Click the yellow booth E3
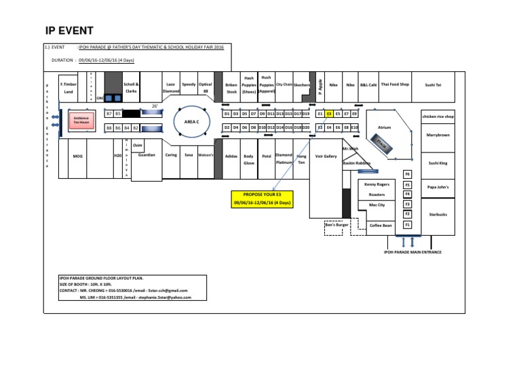(329, 115)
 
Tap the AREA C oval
(186, 121)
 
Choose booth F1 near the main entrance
(407, 225)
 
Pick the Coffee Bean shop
(381, 225)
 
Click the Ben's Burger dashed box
(336, 224)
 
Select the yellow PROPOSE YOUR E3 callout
(262, 199)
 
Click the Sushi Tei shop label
(433, 85)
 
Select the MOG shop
(77, 156)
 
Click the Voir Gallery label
(326, 156)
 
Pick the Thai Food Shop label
(395, 85)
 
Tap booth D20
(306, 127)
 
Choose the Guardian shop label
(147, 155)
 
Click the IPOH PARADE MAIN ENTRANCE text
(412, 252)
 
